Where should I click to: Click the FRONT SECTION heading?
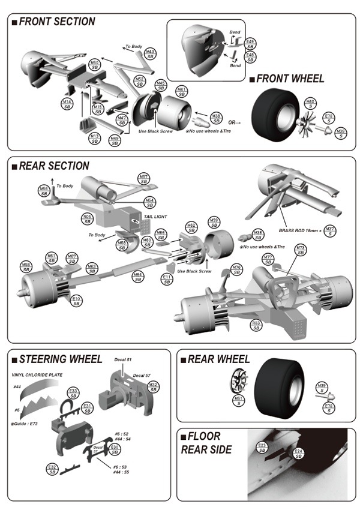point(56,22)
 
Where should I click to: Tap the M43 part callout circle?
point(150,55)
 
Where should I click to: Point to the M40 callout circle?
point(310,103)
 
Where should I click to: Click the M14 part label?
point(67,104)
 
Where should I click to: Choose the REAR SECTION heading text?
point(54,166)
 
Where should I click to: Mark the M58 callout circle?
point(26,267)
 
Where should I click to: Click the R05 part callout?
point(87,219)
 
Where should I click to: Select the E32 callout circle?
point(52,469)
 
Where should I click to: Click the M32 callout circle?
point(153,387)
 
